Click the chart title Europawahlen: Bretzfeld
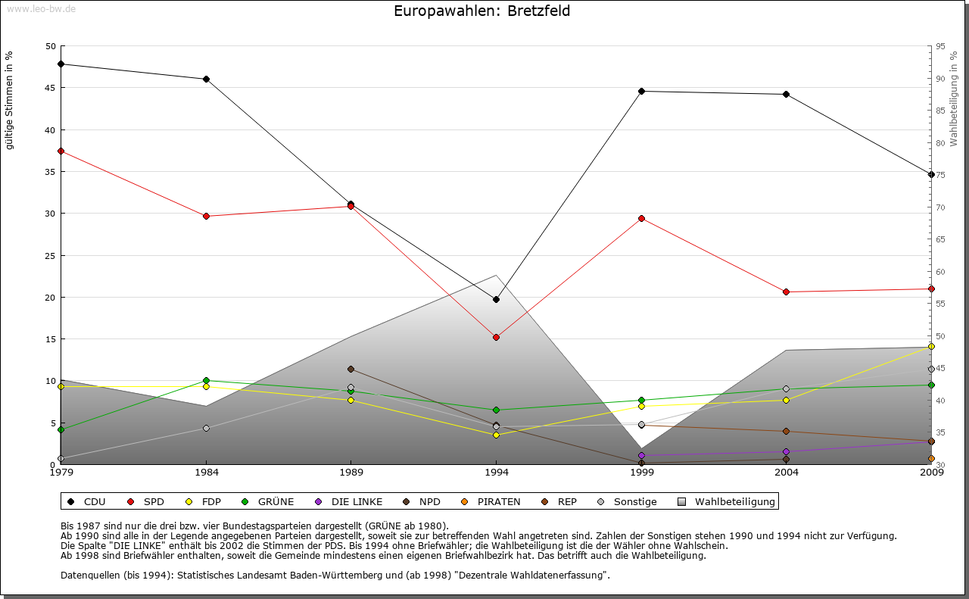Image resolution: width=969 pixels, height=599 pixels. [482, 11]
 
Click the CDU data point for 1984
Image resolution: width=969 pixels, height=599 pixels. [206, 79]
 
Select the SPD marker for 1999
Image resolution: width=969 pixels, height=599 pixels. [641, 218]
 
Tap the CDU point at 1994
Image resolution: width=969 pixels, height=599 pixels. [496, 299]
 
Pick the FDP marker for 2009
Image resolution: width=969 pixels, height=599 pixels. [931, 346]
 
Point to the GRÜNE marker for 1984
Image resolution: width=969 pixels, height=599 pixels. [206, 380]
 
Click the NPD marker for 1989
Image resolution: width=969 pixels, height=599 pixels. [351, 369]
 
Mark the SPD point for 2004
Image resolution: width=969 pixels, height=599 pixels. [786, 292]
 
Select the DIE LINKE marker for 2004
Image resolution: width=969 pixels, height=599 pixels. [786, 451]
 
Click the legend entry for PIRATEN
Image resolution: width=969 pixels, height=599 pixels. [491, 501]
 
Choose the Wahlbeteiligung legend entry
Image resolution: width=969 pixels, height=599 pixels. [727, 501]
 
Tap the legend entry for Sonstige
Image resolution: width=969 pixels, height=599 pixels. [628, 501]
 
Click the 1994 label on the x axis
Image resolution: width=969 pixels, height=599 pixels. [497, 472]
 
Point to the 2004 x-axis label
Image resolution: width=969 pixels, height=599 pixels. [787, 472]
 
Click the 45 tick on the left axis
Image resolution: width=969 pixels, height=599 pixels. [51, 88]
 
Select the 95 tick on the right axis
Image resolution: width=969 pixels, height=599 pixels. [940, 46]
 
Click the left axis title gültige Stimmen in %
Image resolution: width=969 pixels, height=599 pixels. [10, 100]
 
